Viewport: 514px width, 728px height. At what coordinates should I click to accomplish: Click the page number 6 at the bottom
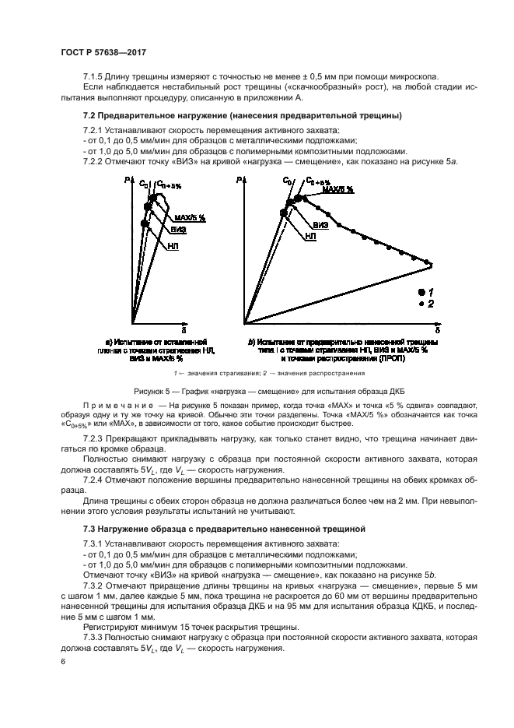(x=62, y=661)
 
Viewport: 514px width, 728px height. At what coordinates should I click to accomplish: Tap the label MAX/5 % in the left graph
(x=190, y=218)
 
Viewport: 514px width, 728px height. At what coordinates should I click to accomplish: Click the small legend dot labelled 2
(x=421, y=303)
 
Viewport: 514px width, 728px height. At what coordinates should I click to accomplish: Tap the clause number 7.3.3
(x=95, y=637)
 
